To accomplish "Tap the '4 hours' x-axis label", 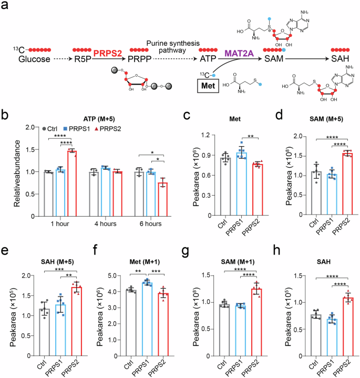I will click(x=105, y=223).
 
